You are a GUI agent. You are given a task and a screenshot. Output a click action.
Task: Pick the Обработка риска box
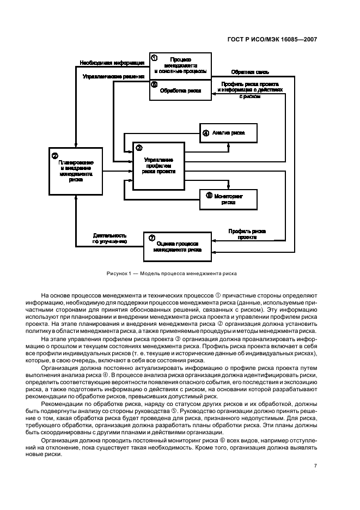point(180,91)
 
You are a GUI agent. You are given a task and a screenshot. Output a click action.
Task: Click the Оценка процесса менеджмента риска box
point(178,246)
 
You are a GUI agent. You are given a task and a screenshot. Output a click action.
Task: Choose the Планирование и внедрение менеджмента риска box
point(76,169)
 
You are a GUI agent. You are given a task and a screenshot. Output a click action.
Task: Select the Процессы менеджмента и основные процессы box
point(180,65)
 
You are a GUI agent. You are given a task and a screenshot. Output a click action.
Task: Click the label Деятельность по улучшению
point(109,238)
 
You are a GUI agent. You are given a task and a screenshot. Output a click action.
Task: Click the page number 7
point(316,466)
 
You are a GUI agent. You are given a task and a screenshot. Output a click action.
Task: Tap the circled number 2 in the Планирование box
point(54,156)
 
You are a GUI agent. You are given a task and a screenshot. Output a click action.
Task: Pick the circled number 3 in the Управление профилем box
point(139,148)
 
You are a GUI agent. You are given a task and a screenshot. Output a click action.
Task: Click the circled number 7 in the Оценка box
point(151,238)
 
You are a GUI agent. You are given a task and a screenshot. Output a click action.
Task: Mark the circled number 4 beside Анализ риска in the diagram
point(205,132)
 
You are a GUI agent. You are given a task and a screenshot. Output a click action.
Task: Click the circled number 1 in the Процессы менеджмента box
point(154,58)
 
